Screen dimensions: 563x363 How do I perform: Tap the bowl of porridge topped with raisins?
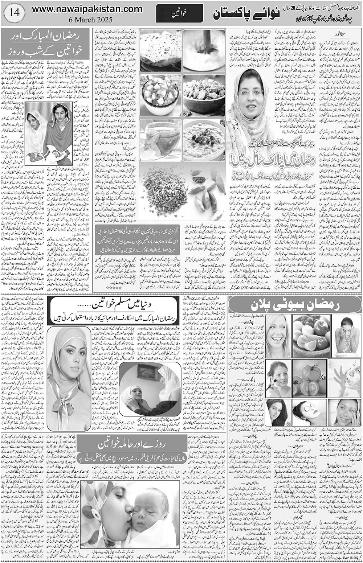click(204, 139)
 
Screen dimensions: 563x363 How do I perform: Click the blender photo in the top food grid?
click(204, 49)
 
